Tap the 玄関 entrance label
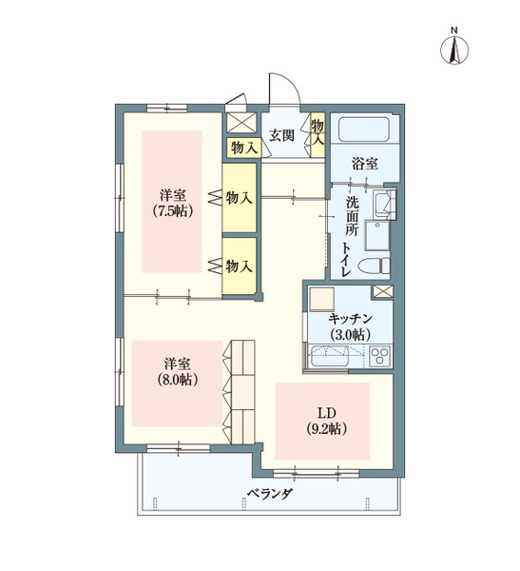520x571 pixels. [x=281, y=134]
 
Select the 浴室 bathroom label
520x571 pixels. [x=365, y=164]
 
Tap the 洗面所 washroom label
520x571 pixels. [x=352, y=217]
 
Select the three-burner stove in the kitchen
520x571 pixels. [x=380, y=357]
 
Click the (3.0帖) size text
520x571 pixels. [x=350, y=335]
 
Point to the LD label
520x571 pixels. [x=326, y=413]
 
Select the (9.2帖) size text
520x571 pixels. [x=326, y=429]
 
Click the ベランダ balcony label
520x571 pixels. [x=269, y=495]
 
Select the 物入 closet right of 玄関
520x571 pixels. [x=318, y=131]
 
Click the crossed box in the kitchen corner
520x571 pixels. [x=382, y=292]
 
